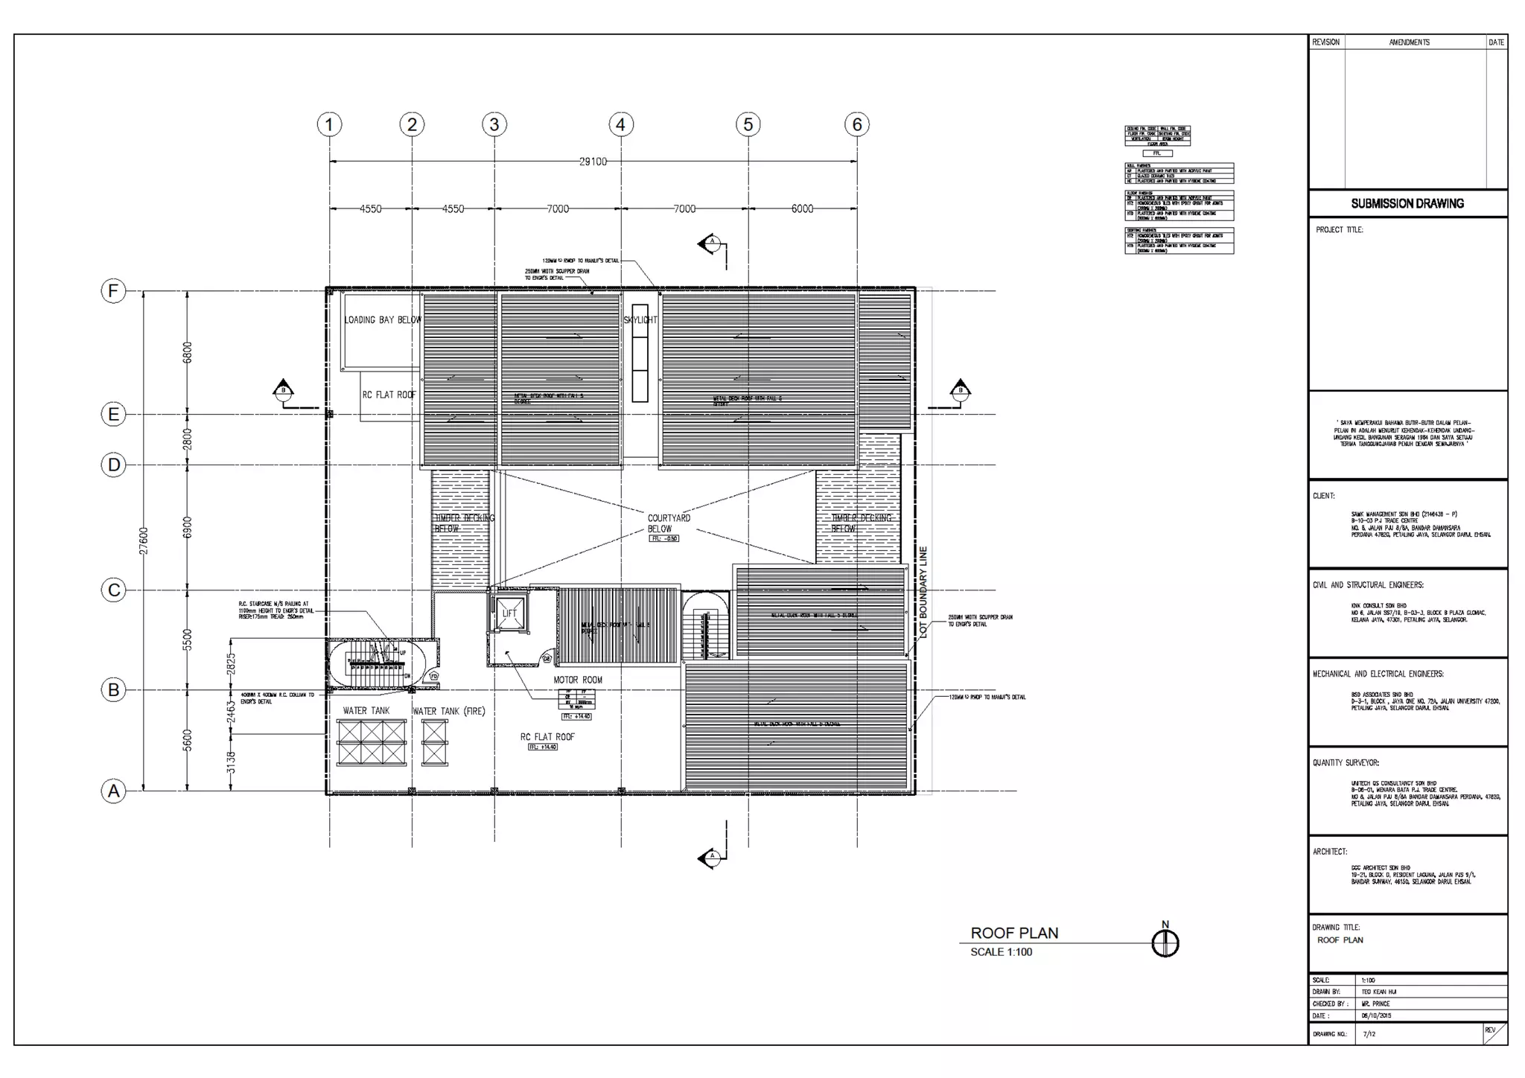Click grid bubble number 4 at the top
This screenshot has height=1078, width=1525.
[x=621, y=124]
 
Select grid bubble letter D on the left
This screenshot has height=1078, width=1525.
[x=113, y=465]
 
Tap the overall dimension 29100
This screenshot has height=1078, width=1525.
[x=593, y=162]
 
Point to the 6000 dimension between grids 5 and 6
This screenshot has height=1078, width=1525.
[x=802, y=209]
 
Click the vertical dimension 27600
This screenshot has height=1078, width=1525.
[x=144, y=540]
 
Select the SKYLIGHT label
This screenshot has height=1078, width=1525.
[x=640, y=320]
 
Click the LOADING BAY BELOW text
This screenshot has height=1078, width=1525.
[x=382, y=320]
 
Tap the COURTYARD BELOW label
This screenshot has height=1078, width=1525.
[x=668, y=523]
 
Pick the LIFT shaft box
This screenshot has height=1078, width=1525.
[x=509, y=613]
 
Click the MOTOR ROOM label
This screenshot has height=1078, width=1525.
[x=578, y=680]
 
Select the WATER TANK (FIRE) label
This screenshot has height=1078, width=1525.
[x=448, y=711]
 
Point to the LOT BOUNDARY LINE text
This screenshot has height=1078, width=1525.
[x=923, y=592]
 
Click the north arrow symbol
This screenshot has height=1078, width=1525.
[x=1165, y=943]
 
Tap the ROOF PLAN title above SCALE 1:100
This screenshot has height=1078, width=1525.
[x=1014, y=933]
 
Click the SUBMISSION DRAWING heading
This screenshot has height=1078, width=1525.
[x=1407, y=203]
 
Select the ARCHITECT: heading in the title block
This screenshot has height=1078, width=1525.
[x=1330, y=851]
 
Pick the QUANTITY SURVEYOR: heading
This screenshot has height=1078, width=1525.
[x=1346, y=762]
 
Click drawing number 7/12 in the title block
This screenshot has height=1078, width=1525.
[x=1369, y=1034]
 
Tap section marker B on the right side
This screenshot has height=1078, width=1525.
[x=961, y=391]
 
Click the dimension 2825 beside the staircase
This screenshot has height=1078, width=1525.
[x=231, y=660]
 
